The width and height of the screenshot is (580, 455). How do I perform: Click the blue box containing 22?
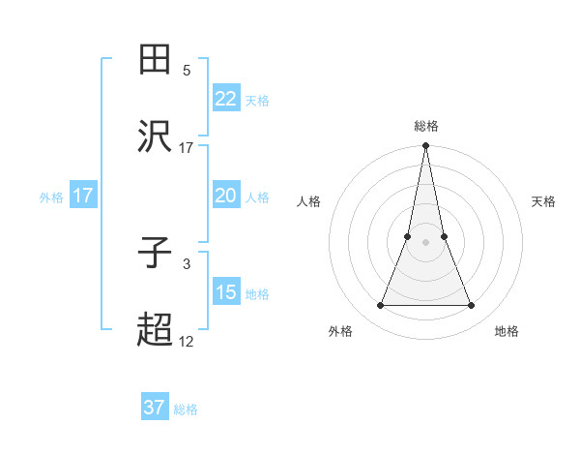225,99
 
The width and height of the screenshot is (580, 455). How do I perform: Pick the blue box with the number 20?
225,196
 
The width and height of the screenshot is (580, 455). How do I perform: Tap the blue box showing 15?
225,292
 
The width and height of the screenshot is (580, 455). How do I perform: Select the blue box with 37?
155,408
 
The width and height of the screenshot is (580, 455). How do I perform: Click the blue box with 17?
83,196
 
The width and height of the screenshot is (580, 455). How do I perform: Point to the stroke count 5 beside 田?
187,71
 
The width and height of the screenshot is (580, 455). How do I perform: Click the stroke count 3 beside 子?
187,263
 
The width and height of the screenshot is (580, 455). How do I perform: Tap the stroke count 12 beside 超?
187,341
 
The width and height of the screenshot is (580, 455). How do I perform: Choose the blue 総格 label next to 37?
186,409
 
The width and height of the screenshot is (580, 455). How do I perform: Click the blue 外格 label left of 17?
51,197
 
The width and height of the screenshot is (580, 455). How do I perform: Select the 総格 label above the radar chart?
425,126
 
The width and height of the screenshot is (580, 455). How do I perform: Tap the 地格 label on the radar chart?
507,331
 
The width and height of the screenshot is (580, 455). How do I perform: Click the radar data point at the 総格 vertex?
425,146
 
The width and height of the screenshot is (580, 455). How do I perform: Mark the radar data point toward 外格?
380,306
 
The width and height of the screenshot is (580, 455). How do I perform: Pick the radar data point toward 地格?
471,306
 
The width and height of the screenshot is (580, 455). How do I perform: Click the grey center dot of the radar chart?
425,243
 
